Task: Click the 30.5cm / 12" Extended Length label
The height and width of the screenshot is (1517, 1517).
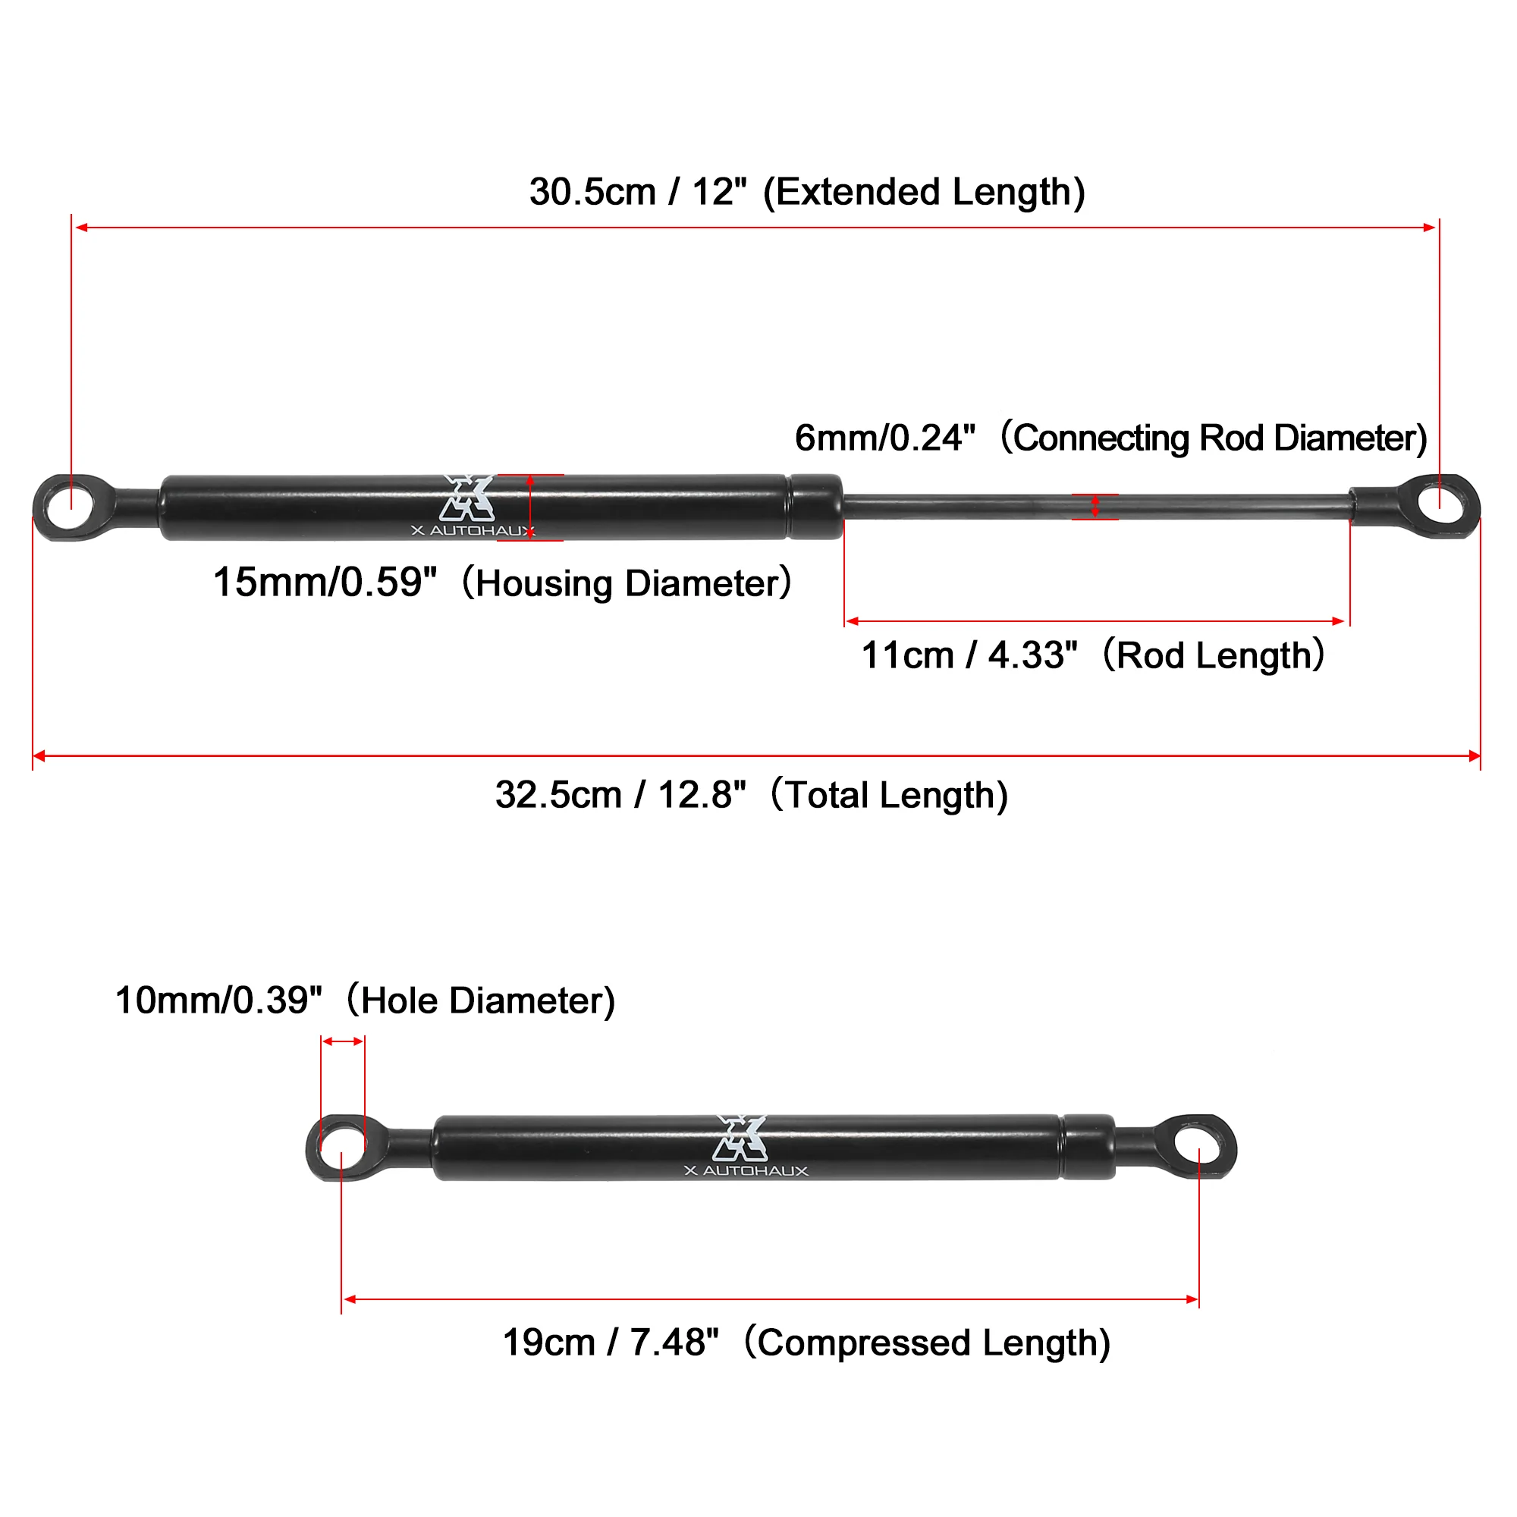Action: coord(807,193)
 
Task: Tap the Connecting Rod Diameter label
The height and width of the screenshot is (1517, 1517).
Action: coord(1111,438)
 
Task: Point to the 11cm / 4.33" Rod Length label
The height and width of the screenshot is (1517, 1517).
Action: coord(1093,655)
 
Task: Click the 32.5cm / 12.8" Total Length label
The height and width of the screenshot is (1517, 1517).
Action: coord(752,795)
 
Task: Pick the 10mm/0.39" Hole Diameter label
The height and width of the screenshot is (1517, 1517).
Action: coord(365,1000)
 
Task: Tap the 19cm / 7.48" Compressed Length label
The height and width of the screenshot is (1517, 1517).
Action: coord(806,1343)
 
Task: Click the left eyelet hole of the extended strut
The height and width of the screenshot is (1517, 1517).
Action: coord(71,507)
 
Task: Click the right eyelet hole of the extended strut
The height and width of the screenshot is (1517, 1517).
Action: coord(1442,506)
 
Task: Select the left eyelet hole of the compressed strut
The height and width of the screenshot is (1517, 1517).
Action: coord(343,1147)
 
